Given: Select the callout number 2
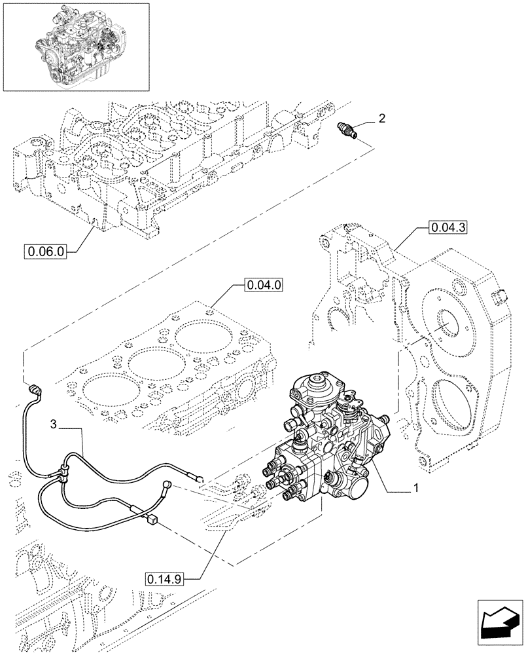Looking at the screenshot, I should click(x=381, y=119).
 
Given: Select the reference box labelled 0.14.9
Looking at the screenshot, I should click(x=164, y=578).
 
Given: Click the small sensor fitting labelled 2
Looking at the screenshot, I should click(x=347, y=129).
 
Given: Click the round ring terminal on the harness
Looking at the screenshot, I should click(x=167, y=485).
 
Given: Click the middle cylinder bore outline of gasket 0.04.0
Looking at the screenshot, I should click(x=148, y=360).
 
